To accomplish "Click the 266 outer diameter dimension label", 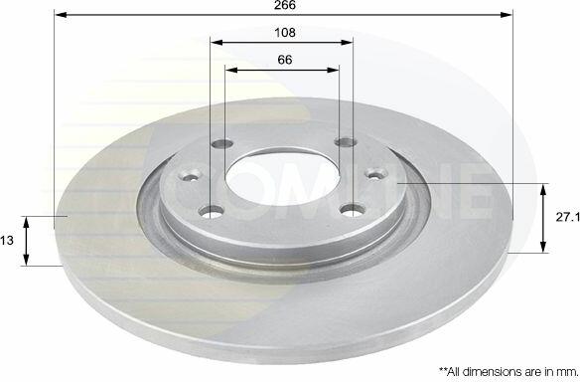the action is tap(285, 5).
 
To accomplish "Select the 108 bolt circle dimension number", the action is tap(285, 33).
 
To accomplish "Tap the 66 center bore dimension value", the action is tap(285, 60).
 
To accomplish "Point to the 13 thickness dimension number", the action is tap(7, 241).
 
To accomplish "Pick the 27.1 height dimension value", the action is tap(568, 217).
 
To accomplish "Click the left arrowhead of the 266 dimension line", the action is tap(61, 15).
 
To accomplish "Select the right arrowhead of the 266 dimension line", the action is tap(507, 15).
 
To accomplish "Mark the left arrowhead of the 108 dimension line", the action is tap(217, 42).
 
